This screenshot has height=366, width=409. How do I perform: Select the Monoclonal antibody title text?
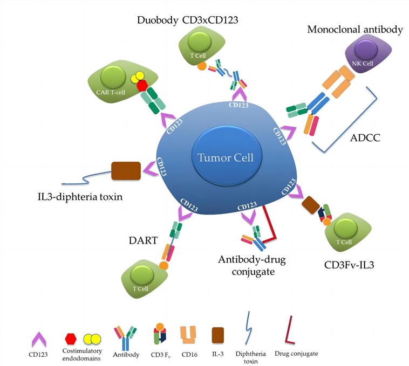pos(355,29)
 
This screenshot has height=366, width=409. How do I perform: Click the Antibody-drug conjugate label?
pos(251,266)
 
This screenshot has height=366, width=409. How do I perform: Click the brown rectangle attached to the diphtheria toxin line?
pos(126,171)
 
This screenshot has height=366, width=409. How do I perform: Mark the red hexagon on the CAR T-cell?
pos(142,86)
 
